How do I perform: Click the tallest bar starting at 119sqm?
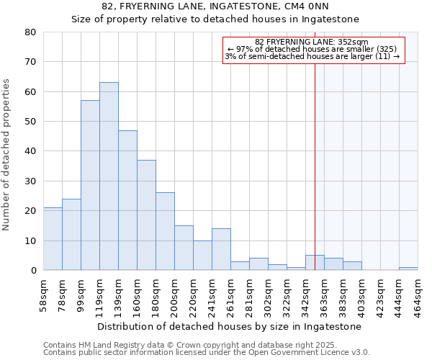(x=109, y=176)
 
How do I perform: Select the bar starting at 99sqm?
(x=90, y=185)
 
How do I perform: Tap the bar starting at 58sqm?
(x=53, y=239)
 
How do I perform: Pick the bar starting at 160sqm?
(x=146, y=215)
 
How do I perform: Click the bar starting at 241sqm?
(x=221, y=249)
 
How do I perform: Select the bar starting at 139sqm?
(x=127, y=200)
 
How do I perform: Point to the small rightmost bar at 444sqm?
(x=408, y=269)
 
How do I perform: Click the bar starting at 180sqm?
(x=165, y=231)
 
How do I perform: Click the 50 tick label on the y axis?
(x=30, y=122)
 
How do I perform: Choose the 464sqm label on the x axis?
(x=418, y=293)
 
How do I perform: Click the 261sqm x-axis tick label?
(x=231, y=293)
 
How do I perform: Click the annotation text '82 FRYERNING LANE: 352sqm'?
(x=312, y=42)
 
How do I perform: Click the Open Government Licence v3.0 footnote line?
(x=207, y=352)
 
